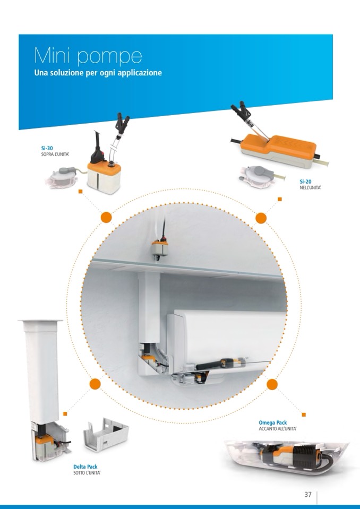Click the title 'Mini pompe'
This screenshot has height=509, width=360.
pos(88,56)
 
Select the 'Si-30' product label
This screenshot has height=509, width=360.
pos(47,149)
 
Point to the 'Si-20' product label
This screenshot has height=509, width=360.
pos(305,182)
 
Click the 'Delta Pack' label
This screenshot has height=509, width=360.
pos(85,467)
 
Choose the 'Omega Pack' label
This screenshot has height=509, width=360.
pos(273,422)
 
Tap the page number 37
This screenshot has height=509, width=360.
pos(308,494)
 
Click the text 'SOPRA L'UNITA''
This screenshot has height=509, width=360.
pos(55,154)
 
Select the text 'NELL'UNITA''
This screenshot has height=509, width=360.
pos(310,188)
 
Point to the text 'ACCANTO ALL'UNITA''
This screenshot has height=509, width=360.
pos(278,429)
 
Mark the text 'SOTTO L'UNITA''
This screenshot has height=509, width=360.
pos(87,473)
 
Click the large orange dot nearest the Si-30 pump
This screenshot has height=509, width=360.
pos(106,218)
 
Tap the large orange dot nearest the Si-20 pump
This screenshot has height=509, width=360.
pos(261,218)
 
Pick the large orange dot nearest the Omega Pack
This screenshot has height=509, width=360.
pos(272,384)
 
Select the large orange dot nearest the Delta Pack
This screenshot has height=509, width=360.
pos(95,384)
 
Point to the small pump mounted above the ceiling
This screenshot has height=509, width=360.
pos(159,248)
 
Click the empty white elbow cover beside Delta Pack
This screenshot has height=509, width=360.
pos(106,434)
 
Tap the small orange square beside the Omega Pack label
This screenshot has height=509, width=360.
pos(304,415)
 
